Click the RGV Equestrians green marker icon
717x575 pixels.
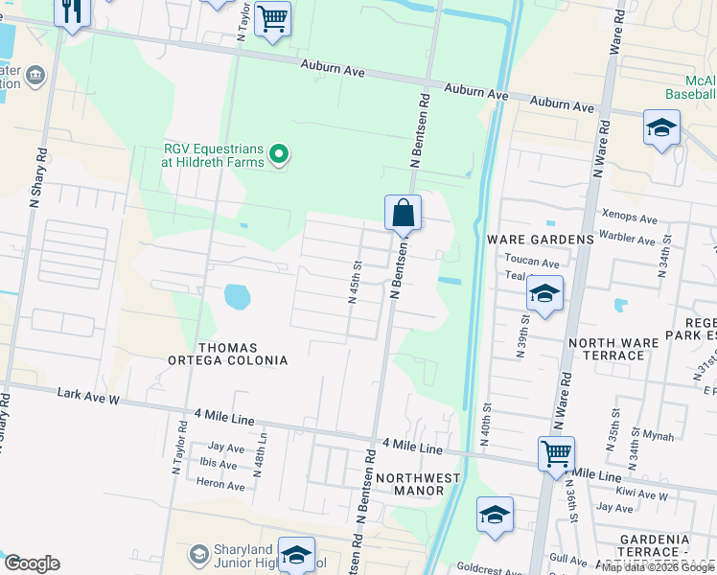[x=279, y=153]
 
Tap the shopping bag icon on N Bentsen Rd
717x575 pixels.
[x=404, y=213]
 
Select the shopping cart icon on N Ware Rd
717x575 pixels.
[x=556, y=451]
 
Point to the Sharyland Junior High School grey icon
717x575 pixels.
[x=198, y=555]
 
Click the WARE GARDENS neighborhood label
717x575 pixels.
[x=541, y=239]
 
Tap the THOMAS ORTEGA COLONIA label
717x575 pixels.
[x=242, y=354]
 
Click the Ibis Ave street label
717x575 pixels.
[x=219, y=466]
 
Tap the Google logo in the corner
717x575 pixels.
[x=31, y=563]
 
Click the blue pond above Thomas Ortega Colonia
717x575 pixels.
[x=236, y=298]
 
